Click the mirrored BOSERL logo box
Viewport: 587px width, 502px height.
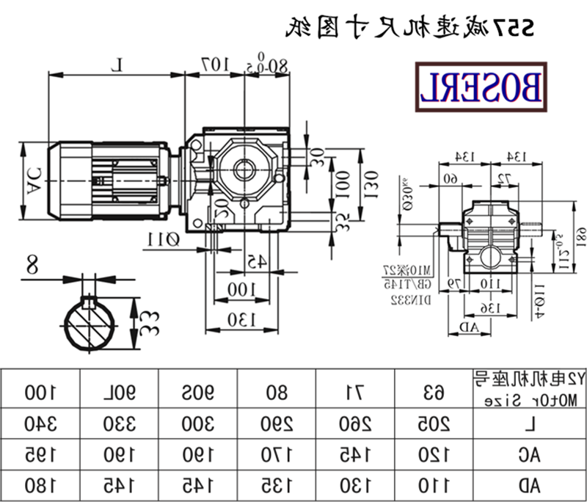click(481, 87)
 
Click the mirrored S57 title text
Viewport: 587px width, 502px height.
click(409, 28)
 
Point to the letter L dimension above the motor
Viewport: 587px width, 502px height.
click(117, 65)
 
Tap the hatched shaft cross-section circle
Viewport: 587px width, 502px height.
click(92, 324)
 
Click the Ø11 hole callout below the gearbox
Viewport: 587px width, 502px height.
click(164, 239)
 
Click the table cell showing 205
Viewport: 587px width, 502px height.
click(435, 423)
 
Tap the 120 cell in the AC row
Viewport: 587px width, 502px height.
click(435, 454)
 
